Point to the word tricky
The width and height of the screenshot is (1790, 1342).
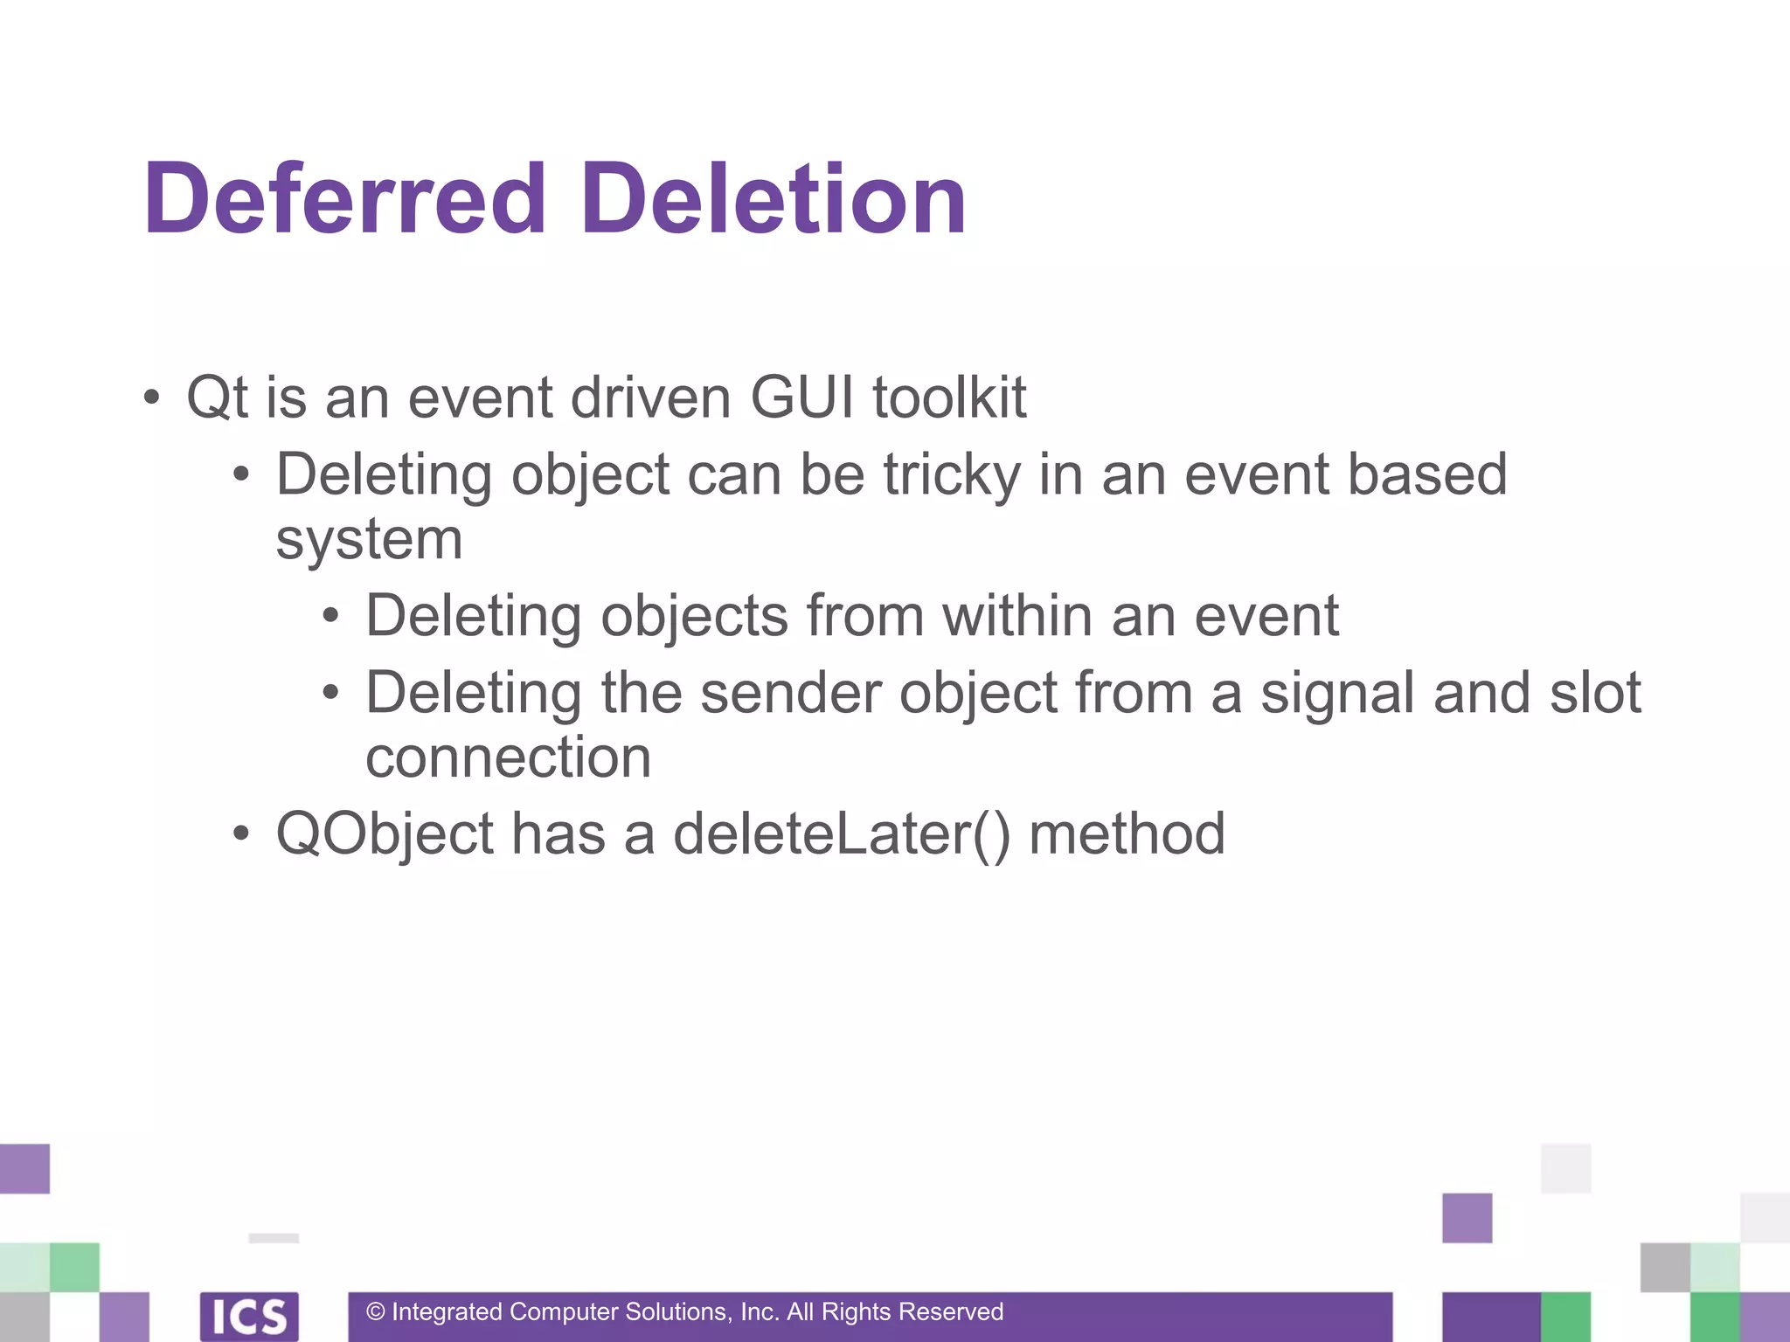coord(952,475)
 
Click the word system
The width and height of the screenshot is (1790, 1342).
coord(369,540)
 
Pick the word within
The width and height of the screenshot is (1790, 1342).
coord(1017,616)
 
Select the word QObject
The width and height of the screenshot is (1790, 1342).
coord(385,834)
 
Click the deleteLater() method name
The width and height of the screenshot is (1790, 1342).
coord(842,834)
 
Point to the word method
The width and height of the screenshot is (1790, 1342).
coord(1127,834)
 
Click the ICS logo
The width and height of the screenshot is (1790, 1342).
coord(249,1316)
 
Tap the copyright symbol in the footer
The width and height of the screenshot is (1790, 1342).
coord(376,1311)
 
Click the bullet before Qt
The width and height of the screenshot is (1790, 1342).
coord(152,398)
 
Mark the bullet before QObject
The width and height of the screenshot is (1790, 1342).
coord(241,834)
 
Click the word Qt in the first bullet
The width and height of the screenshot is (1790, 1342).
coord(218,398)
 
